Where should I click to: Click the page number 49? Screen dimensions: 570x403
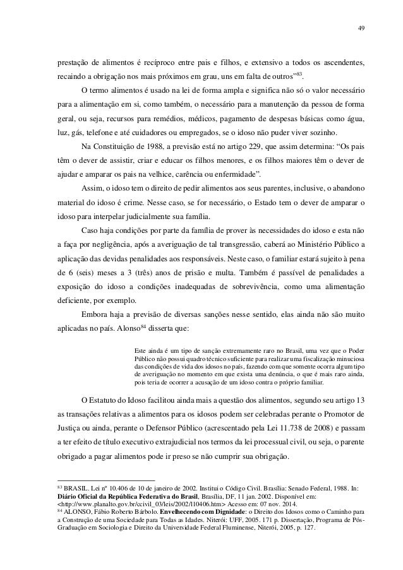point(359,28)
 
